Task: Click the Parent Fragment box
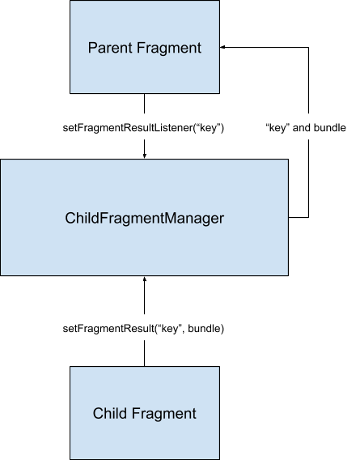coord(144,47)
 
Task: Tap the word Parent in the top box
coord(108,48)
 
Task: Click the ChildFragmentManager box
coord(144,217)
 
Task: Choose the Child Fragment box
coord(144,413)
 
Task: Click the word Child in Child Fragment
coord(108,414)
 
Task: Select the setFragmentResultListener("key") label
coord(143,128)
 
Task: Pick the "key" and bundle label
coord(306,128)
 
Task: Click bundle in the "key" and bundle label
coord(332,128)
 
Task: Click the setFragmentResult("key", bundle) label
coord(143,329)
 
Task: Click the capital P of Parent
coord(91,48)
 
